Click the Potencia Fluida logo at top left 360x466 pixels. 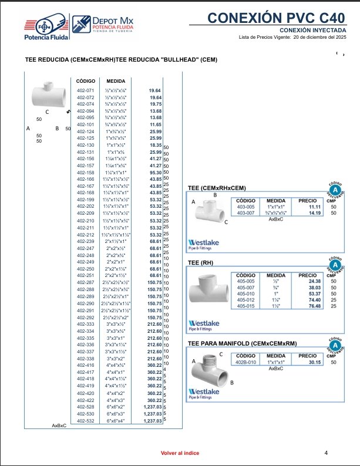(46, 28)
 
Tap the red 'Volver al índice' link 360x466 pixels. (180, 454)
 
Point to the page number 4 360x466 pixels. (326, 453)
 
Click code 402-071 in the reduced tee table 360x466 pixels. (86, 91)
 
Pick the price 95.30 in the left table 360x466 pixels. (154, 173)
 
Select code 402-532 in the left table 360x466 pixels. (86, 421)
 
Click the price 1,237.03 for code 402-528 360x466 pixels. (152, 407)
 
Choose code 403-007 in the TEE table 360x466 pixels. (245, 213)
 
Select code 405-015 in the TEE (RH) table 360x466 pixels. (245, 306)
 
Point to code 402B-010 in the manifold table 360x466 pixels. (245, 362)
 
